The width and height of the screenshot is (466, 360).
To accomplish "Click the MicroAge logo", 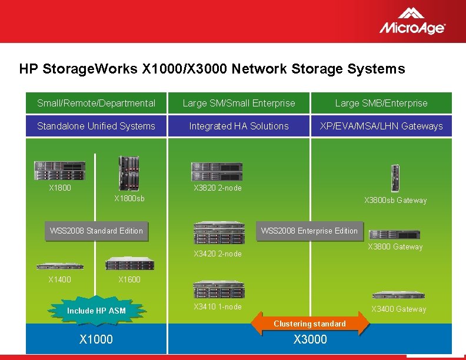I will pyautogui.click(x=412, y=21).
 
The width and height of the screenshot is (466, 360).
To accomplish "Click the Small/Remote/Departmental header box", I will pyautogui.click(x=96, y=103).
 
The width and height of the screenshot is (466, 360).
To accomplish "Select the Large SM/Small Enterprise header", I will pyautogui.click(x=239, y=103).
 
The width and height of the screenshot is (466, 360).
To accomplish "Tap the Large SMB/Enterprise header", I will pyautogui.click(x=381, y=103).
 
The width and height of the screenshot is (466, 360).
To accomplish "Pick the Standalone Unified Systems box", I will pyautogui.click(x=96, y=126).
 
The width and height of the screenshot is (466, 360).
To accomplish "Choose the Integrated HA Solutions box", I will pyautogui.click(x=239, y=126).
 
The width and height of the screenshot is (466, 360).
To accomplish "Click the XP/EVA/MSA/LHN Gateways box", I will pyautogui.click(x=381, y=126).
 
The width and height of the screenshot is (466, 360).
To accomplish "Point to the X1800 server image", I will pyautogui.click(x=59, y=171).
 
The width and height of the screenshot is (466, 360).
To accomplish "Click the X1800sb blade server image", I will pyautogui.click(x=129, y=173).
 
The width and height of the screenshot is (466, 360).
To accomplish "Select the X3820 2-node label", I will pyautogui.click(x=218, y=188).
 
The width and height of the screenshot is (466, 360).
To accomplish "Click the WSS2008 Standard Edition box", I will pyautogui.click(x=96, y=231).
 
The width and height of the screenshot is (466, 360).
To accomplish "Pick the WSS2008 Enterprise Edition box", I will pyautogui.click(x=309, y=231).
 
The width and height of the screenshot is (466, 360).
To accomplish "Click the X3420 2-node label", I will pyautogui.click(x=218, y=254).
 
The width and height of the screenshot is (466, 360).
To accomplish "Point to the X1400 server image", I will pyautogui.click(x=59, y=265).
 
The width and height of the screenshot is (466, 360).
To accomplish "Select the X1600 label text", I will pyautogui.click(x=129, y=279).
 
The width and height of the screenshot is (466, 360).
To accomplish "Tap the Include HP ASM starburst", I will pyautogui.click(x=96, y=311).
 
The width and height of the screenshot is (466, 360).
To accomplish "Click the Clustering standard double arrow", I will pyautogui.click(x=309, y=324).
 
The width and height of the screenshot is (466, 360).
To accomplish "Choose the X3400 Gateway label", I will pyautogui.click(x=398, y=309).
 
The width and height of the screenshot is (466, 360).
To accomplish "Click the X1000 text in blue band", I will pyautogui.click(x=96, y=339).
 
